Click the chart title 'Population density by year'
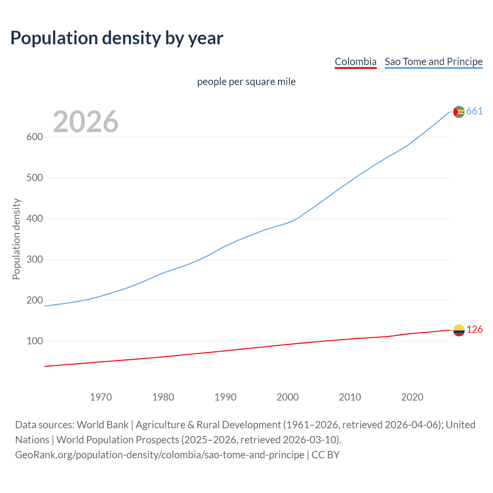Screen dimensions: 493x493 pyautogui.click(x=117, y=38)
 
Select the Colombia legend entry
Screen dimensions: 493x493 pyautogui.click(x=355, y=62)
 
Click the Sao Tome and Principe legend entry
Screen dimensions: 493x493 pyautogui.click(x=434, y=62)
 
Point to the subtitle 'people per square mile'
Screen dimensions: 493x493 pyautogui.click(x=246, y=82)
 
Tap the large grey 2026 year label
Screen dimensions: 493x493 pyautogui.click(x=86, y=122)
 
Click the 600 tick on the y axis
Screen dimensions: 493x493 pyautogui.click(x=34, y=137)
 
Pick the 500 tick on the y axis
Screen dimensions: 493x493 pyautogui.click(x=34, y=178)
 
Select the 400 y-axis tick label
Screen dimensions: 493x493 pyautogui.click(x=34, y=219)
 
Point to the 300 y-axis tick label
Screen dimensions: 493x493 pyautogui.click(x=34, y=260)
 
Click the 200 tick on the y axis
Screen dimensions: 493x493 pyautogui.click(x=34, y=300)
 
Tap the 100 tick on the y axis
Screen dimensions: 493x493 pyautogui.click(x=34, y=341)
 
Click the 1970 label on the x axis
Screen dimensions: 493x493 pyautogui.click(x=101, y=397)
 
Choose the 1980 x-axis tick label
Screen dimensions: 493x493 pyautogui.click(x=163, y=397)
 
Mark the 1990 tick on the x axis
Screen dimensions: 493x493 pyautogui.click(x=225, y=397)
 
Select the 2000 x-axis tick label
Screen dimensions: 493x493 pyautogui.click(x=288, y=397)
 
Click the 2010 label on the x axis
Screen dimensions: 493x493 pyautogui.click(x=350, y=397)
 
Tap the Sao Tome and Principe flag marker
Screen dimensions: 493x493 pyautogui.click(x=459, y=112)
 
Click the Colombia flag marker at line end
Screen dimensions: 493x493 pyautogui.click(x=459, y=330)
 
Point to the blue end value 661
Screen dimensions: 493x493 pyautogui.click(x=475, y=111)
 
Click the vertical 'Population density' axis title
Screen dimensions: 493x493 pyautogui.click(x=16, y=239)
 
